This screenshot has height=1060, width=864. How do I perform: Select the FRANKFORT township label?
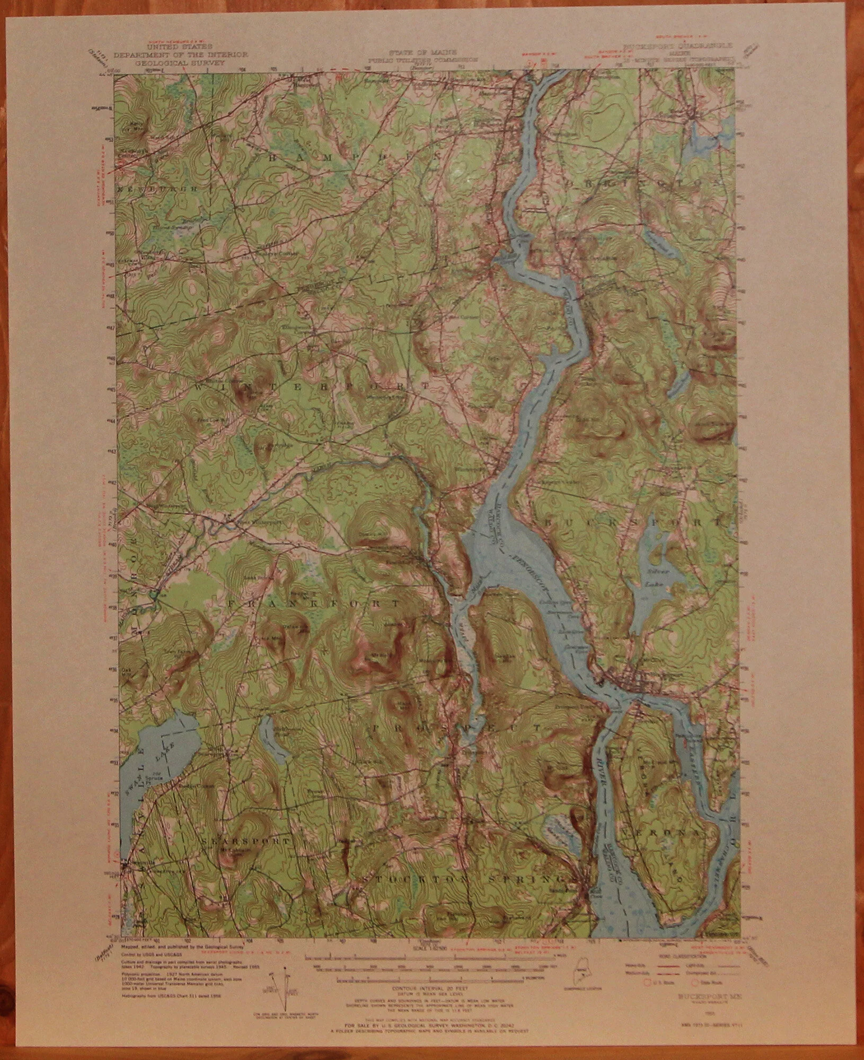click(313, 604)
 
